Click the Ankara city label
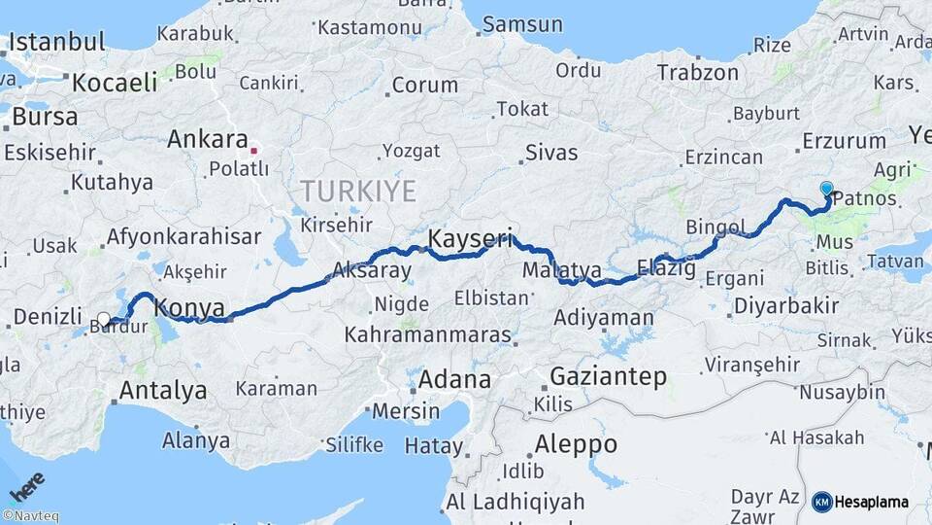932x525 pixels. tap(208, 139)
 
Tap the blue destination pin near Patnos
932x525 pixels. tap(826, 189)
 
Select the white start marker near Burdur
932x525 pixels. tap(104, 319)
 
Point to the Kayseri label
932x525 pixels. tap(470, 238)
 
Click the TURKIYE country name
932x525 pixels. tap(358, 191)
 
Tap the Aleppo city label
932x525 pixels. tap(576, 444)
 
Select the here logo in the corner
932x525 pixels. tap(26, 486)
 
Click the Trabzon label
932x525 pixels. tap(697, 72)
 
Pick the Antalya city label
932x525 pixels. tap(162, 391)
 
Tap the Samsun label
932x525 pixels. tap(522, 24)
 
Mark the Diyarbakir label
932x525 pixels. tap(786, 305)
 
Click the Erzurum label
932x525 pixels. tap(845, 142)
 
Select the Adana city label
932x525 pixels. tap(455, 379)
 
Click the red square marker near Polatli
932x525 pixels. tap(253, 151)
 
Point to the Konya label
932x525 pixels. tap(190, 308)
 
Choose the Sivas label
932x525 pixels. tap(551, 153)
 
